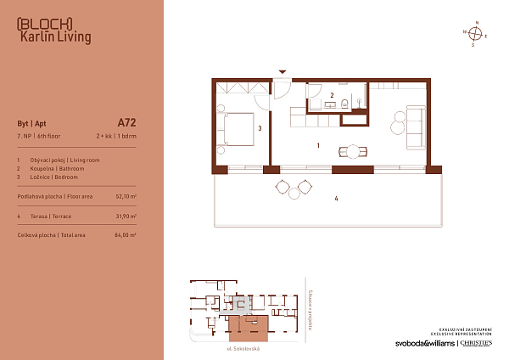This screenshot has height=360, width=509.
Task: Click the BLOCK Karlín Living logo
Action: (x=53, y=30)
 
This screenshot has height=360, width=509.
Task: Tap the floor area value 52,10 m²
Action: (x=126, y=196)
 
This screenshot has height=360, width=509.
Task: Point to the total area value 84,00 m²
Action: (x=126, y=234)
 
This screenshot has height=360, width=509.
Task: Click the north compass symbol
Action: (x=477, y=34)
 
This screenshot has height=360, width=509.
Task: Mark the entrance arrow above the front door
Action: (x=282, y=73)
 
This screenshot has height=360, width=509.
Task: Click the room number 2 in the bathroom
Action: (x=332, y=94)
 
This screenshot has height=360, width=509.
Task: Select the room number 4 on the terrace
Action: (x=336, y=199)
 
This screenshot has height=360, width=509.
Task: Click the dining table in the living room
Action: (x=353, y=152)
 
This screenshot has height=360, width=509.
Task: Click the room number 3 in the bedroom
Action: (x=259, y=128)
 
